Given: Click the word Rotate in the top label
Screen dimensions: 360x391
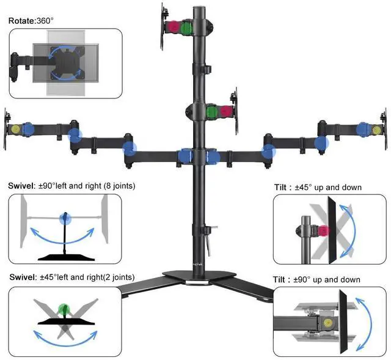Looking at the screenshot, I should click(x=22, y=21).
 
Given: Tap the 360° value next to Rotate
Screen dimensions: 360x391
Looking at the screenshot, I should click(x=46, y=21).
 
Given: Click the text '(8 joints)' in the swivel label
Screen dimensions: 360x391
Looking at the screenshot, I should click(x=116, y=185).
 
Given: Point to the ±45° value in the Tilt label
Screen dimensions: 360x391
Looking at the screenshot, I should click(x=305, y=187).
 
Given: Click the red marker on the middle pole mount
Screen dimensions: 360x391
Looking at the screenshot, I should click(x=225, y=111).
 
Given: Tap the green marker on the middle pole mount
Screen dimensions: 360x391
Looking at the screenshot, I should click(x=213, y=111).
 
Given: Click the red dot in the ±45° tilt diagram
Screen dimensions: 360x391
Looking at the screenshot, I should click(x=323, y=230).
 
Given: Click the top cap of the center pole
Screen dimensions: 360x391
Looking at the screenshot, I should click(x=199, y=7).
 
